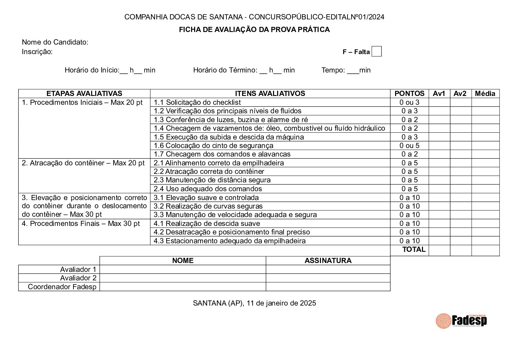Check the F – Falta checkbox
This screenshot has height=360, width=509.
(376, 51)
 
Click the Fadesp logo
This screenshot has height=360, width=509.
(461, 321)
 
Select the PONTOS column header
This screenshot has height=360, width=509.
(409, 94)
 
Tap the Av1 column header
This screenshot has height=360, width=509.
(439, 94)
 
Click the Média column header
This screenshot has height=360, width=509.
(485, 94)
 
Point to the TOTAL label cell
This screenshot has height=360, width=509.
(413, 249)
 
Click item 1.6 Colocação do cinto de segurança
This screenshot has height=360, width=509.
(214, 146)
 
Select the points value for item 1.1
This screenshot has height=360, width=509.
(409, 102)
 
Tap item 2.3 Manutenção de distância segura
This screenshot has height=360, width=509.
(212, 180)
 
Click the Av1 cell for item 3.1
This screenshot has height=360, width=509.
(439, 198)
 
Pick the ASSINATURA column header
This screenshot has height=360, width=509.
(328, 261)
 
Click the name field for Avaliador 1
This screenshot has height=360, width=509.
(183, 269)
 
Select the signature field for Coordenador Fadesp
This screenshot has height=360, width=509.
(328, 287)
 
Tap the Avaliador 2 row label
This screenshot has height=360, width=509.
(78, 278)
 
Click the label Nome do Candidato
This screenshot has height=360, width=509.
(55, 42)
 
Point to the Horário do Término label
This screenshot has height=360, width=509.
(225, 70)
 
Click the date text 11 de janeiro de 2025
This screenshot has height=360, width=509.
(282, 303)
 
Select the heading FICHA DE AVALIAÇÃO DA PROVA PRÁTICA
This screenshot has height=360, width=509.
(254, 30)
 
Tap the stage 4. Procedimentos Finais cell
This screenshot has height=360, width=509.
(81, 224)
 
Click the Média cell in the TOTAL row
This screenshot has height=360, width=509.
(485, 250)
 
